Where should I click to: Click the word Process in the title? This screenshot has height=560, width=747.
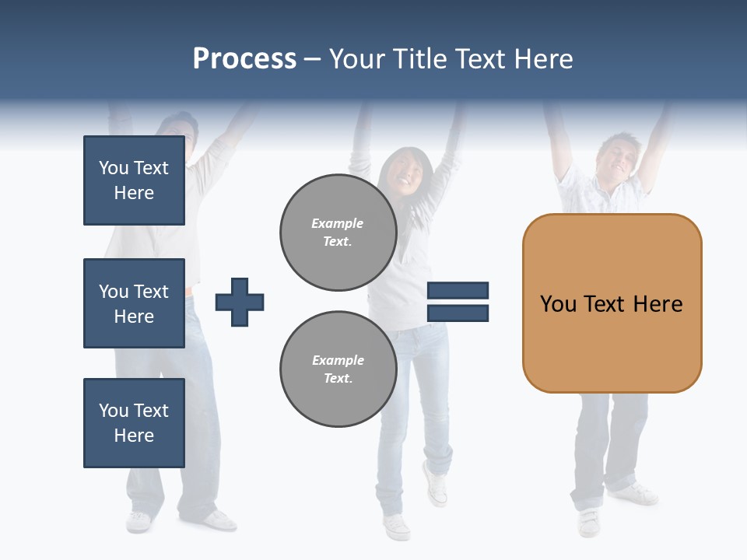click(244, 59)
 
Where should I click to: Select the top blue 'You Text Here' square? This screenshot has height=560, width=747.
click(134, 180)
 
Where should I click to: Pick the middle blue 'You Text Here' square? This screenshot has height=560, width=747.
click(134, 303)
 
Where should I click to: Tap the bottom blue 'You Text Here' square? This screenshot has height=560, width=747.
click(134, 423)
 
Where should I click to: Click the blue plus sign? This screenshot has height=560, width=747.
click(240, 302)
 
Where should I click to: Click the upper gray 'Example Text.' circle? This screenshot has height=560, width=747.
click(338, 233)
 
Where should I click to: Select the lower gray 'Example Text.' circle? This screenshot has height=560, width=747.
click(338, 369)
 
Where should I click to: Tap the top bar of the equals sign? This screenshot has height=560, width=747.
click(458, 290)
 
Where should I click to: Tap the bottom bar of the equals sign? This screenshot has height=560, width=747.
click(458, 313)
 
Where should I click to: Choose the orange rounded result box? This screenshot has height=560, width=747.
click(612, 303)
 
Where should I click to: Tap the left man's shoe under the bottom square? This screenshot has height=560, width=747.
click(139, 520)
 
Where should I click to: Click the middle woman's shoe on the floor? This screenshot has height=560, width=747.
click(396, 527)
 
